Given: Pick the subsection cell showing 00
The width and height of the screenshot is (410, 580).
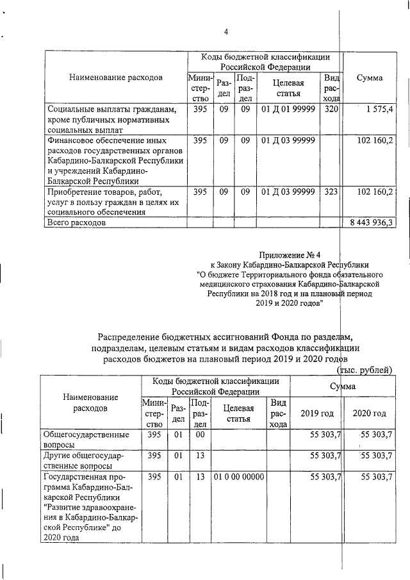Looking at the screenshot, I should click(200, 435).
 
